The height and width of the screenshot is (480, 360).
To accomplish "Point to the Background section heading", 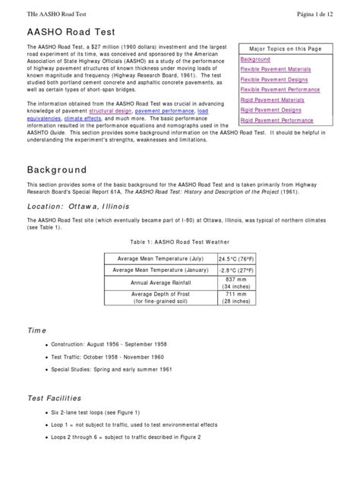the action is (57, 169).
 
